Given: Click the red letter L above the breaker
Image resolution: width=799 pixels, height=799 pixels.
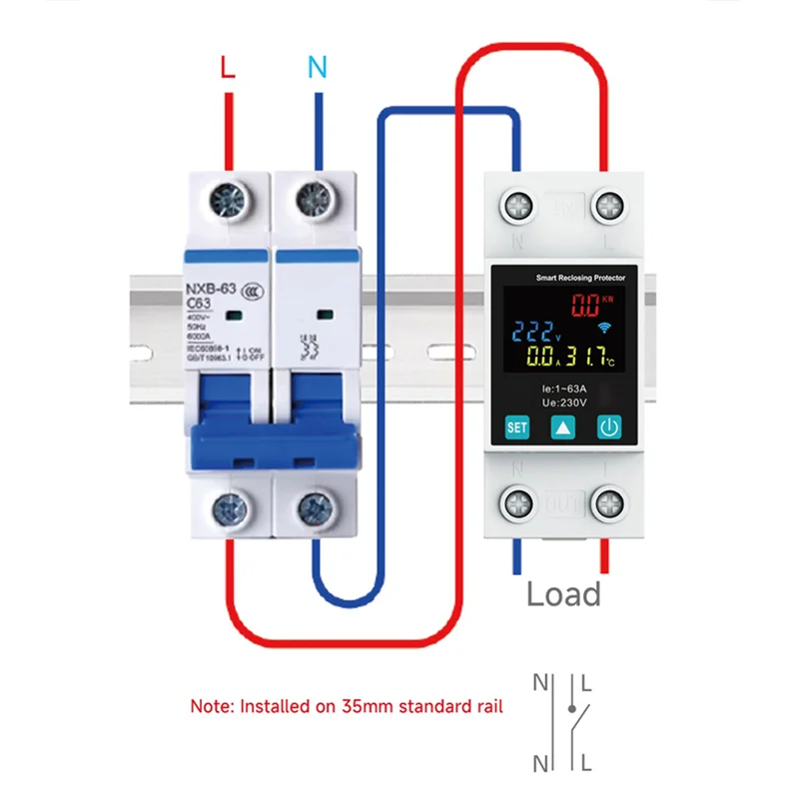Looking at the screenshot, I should tap(228, 67).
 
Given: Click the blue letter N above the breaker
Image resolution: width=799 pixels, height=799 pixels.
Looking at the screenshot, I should tap(317, 67).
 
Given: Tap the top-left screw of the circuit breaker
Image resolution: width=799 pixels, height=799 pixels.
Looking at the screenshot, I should tap(229, 203).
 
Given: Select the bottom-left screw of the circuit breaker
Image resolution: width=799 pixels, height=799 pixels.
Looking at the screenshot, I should tap(229, 513).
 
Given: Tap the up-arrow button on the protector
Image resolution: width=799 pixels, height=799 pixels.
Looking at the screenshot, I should tap(562, 427).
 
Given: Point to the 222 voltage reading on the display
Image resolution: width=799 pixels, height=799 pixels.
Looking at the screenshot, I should tap(519, 332).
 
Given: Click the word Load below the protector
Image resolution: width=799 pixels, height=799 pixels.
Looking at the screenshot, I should tap(564, 594).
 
